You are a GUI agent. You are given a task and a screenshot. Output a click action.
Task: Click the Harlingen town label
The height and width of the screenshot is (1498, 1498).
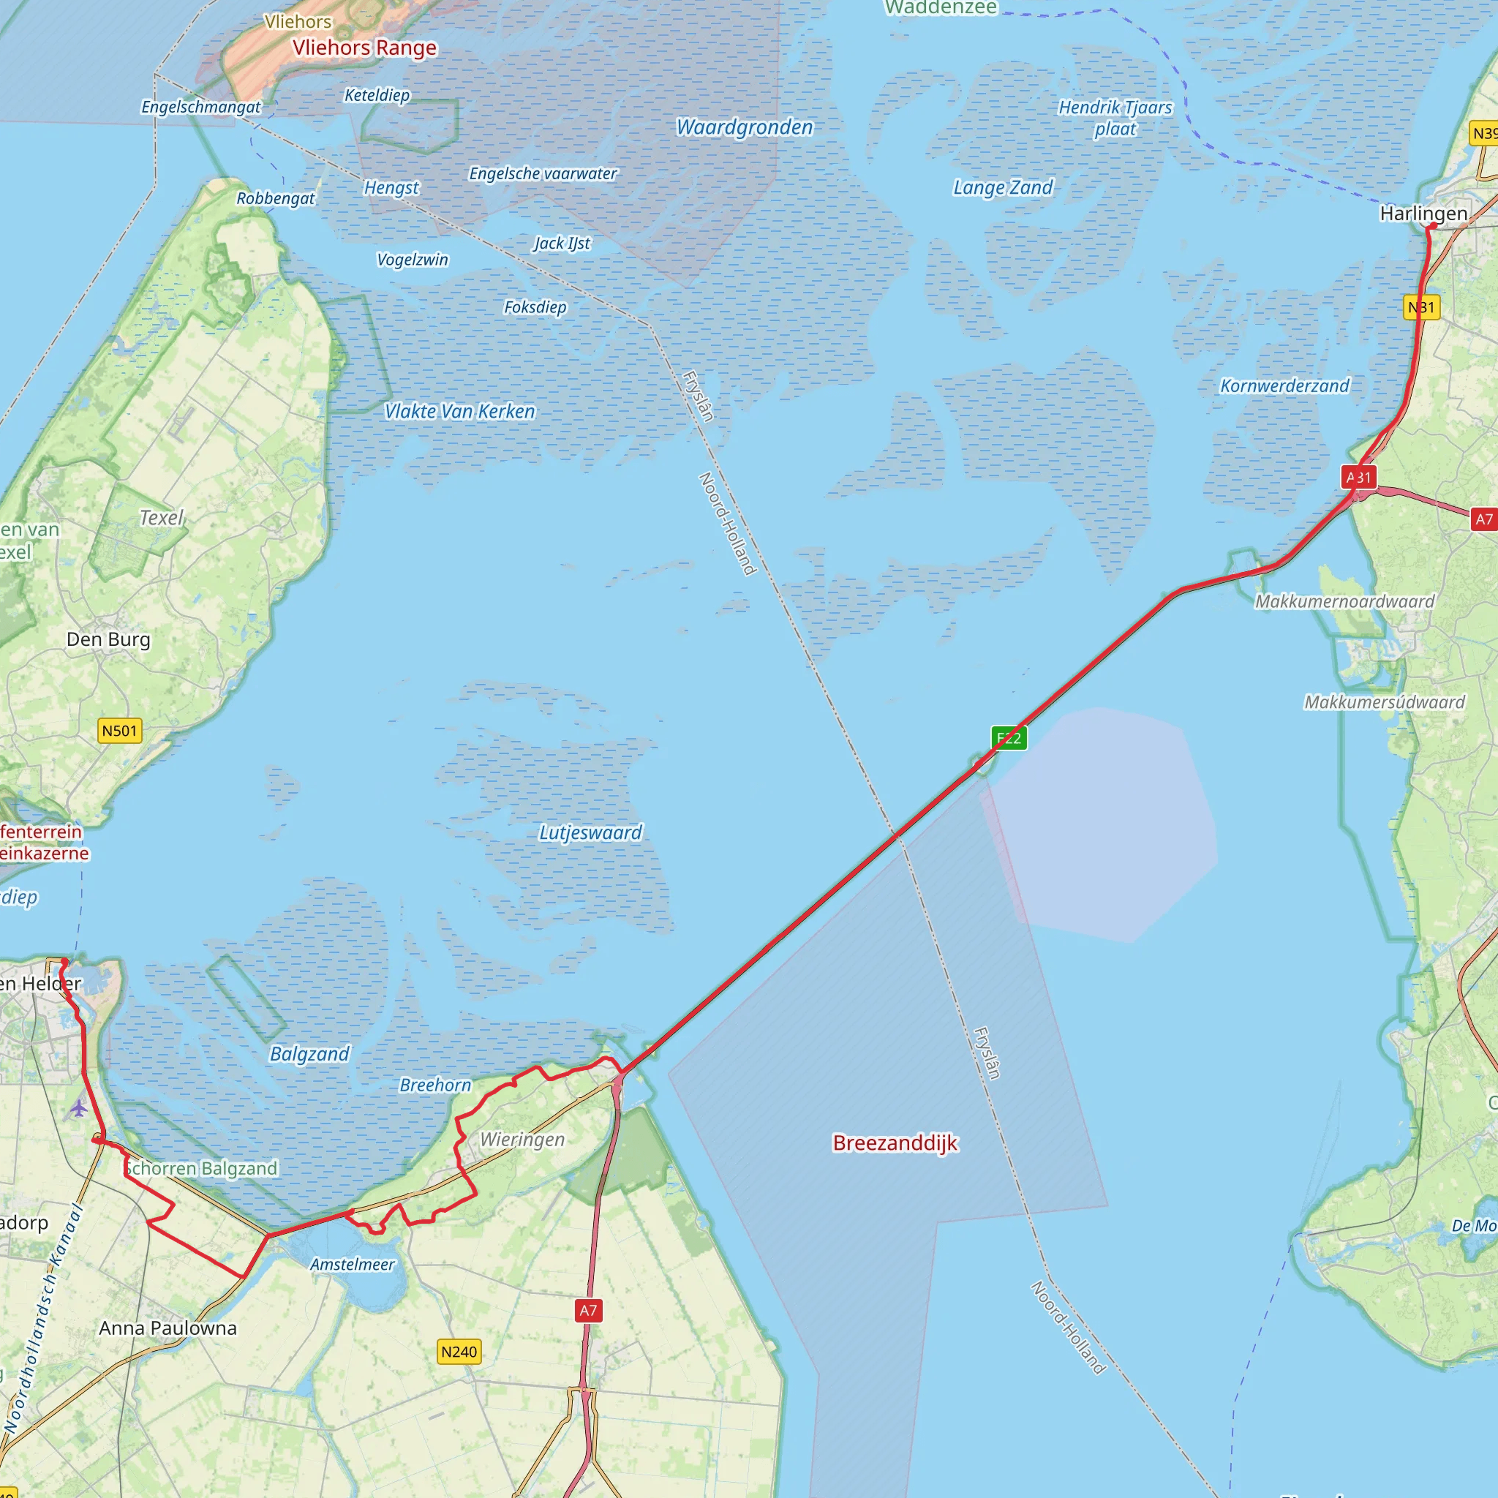coord(1423,214)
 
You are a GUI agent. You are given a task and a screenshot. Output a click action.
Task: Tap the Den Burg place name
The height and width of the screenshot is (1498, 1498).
coord(108,640)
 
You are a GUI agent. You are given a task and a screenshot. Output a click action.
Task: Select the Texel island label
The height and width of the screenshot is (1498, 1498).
coord(161,518)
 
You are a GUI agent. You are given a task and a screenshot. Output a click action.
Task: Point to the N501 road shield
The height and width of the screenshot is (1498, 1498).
coord(120,731)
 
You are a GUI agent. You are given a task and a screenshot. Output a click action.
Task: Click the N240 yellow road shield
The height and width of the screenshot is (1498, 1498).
coord(459,1352)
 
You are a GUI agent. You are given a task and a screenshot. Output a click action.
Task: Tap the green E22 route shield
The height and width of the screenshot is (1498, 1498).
coord(1009,737)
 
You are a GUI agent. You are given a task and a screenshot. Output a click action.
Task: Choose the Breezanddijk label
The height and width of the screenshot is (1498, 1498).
coord(895,1143)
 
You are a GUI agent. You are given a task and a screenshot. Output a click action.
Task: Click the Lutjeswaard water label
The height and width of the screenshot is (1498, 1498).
coord(591,832)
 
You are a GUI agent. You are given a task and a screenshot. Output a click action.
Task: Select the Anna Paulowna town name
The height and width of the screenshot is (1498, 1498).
coord(168,1328)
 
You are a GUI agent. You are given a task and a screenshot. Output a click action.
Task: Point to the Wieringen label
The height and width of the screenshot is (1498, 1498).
coord(522,1140)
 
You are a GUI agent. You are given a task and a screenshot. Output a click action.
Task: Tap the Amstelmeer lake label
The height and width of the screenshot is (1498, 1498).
coord(353,1265)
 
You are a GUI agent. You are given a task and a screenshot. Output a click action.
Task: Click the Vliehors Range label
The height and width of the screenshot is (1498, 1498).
coord(364,48)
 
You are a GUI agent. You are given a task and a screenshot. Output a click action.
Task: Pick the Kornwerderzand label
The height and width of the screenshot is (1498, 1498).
coord(1284,385)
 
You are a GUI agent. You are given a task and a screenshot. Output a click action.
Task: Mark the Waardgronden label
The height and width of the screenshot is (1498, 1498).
coord(745,127)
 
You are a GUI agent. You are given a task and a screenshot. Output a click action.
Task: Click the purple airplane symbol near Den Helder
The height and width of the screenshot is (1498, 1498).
coord(78,1109)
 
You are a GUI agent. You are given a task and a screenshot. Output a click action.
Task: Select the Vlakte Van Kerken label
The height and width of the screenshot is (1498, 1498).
coord(460,411)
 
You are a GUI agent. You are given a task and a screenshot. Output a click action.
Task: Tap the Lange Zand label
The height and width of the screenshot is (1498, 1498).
coord(1003,188)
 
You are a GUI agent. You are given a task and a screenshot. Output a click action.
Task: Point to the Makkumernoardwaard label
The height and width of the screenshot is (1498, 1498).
coord(1344,601)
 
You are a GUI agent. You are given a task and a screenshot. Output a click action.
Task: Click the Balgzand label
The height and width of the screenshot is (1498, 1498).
coord(309,1054)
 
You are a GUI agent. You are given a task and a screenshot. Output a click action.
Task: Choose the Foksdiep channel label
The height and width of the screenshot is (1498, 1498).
coord(535,307)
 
